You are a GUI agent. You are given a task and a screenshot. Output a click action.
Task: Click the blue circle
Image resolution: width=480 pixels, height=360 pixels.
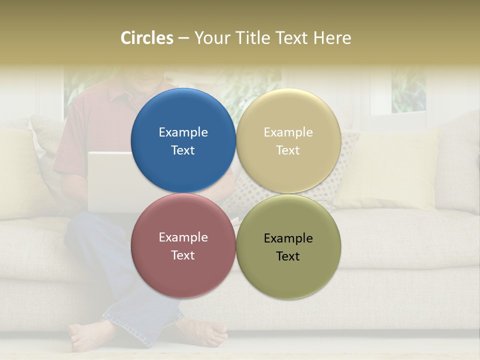coord(183,140)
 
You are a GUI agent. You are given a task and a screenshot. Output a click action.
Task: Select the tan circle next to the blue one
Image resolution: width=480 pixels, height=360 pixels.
coord(288,140)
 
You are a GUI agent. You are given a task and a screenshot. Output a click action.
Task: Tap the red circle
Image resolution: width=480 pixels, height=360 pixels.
coord(183,246)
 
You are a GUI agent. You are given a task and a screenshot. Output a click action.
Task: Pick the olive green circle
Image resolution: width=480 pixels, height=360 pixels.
coord(288,246)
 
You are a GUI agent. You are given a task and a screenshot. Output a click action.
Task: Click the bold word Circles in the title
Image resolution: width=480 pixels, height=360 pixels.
coord(147,38)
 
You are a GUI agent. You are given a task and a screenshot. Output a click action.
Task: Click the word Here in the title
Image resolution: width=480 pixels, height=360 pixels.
coord(332,38)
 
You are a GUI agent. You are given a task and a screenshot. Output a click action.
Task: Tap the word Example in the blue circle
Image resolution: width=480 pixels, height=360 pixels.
coord(183,132)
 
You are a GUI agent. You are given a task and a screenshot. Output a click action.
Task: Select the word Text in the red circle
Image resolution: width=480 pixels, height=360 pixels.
coord(183,255)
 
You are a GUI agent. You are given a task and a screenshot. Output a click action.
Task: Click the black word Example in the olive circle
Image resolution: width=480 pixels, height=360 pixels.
coord(288,238)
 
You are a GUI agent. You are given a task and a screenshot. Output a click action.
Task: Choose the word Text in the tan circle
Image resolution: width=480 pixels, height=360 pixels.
coord(288,150)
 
